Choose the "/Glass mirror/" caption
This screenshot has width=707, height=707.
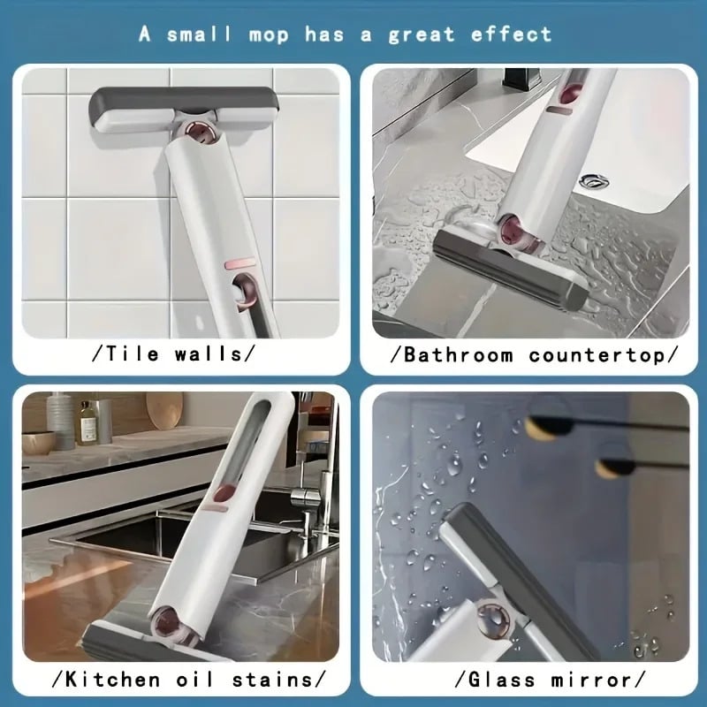point(534,680)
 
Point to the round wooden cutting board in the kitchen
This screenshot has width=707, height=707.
point(163,410)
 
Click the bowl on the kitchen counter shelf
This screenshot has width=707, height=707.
point(39,442)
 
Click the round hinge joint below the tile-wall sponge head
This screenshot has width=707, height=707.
point(202,134)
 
